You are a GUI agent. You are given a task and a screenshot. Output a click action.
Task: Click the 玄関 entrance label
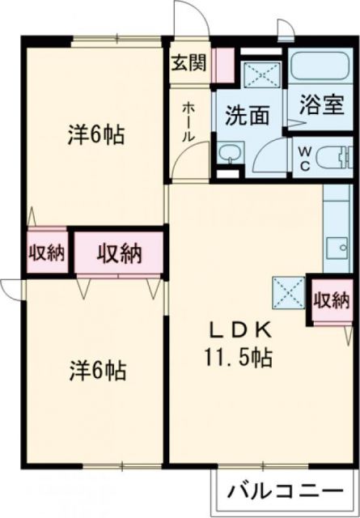(x=188, y=63)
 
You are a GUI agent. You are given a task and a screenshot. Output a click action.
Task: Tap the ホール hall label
(x=187, y=122)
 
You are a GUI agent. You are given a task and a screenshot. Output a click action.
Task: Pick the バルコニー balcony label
(x=283, y=491)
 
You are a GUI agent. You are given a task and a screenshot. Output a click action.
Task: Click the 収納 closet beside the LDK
(x=331, y=300)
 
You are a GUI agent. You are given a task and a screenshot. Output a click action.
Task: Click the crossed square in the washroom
(x=261, y=76)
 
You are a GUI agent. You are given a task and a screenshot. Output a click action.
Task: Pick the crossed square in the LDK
(x=288, y=289)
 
